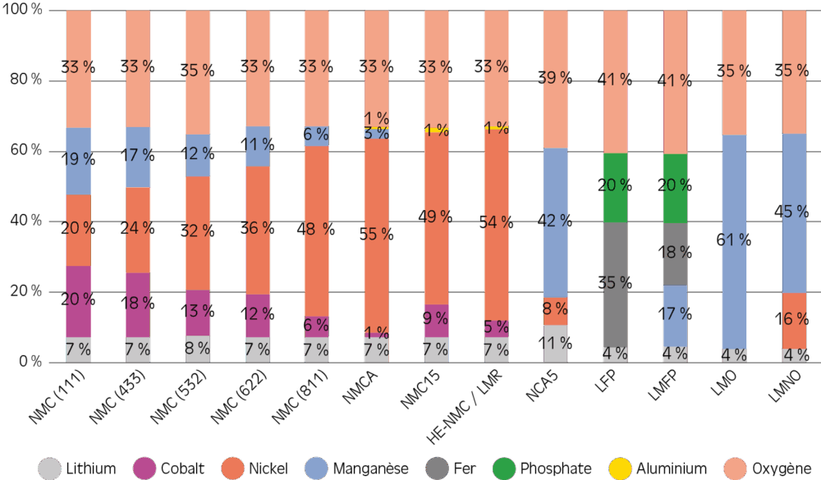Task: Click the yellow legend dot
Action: pos(620,469)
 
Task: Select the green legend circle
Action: pos(504,469)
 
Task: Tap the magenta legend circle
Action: pos(144,469)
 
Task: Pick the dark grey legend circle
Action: pos(438,469)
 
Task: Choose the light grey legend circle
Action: pos(49,469)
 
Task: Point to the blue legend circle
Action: pos(316,469)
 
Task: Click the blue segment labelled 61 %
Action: pos(734,241)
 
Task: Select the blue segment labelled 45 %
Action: pos(794,213)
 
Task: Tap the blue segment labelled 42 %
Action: pos(555,222)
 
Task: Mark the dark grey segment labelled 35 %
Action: pos(615,284)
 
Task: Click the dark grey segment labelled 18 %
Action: pos(675,254)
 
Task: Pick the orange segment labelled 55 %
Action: pos(376,233)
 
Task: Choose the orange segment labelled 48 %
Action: pos(316,231)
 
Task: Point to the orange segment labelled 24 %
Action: pos(138,230)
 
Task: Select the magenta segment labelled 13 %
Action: pos(198,313)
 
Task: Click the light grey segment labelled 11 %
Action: pos(555,344)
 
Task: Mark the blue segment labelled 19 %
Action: pos(78,161)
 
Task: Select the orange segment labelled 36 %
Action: pos(258,230)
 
